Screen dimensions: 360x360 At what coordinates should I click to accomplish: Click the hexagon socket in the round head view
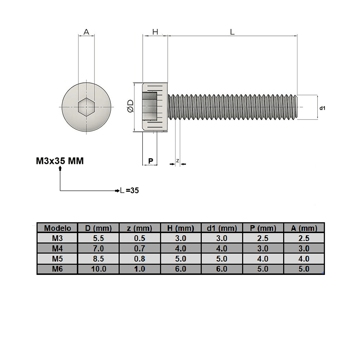[86, 107]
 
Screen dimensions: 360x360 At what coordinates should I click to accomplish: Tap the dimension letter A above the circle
[86, 32]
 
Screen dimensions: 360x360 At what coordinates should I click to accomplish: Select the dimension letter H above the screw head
[155, 32]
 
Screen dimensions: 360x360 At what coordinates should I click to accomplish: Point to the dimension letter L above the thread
[232, 32]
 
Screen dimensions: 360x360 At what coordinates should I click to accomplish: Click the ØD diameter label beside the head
[130, 106]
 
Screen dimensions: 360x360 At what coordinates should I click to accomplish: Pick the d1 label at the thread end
[322, 108]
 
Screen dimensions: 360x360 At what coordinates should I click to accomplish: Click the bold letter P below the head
[150, 161]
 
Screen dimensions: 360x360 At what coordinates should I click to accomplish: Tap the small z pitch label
[177, 161]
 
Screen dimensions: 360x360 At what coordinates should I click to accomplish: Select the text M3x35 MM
[60, 161]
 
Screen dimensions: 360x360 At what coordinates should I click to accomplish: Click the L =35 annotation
[129, 190]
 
